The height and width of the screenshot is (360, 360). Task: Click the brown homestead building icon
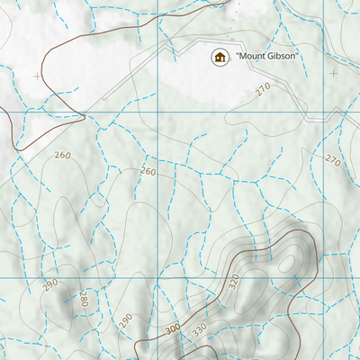click(x=219, y=58)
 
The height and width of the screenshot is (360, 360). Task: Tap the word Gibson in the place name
click(x=278, y=58)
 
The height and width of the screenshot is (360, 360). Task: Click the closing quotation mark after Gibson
click(x=295, y=56)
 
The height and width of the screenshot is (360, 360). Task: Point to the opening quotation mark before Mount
click(x=236, y=56)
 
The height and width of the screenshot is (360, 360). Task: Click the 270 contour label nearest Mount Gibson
click(x=262, y=88)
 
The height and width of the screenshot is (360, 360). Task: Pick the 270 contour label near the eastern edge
click(x=333, y=161)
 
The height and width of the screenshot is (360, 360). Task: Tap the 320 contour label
click(x=234, y=281)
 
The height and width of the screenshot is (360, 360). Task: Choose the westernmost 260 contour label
click(x=62, y=156)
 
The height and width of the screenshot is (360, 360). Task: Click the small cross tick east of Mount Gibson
click(x=333, y=73)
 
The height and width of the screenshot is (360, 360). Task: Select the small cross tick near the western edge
click(x=36, y=76)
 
